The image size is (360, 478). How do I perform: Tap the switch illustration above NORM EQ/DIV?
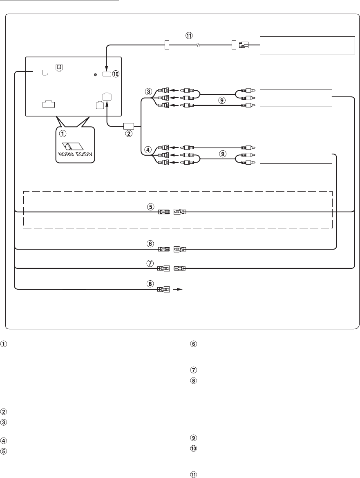(72, 145)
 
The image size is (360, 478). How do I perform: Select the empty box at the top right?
(307, 45)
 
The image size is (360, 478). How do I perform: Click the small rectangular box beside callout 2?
(129, 126)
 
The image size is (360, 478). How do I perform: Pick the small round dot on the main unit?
(95, 75)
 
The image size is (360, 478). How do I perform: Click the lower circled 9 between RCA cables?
(221, 155)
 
